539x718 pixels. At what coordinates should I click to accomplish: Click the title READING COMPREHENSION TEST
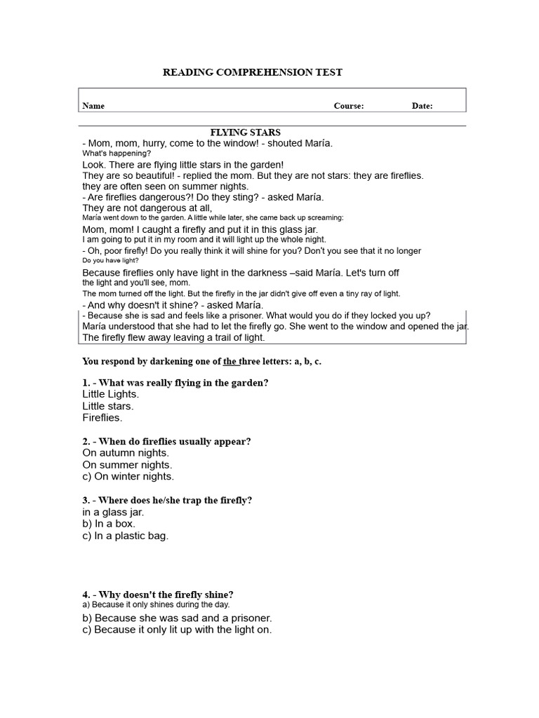pyautogui.click(x=253, y=72)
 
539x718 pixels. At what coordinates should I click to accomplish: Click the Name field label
pyautogui.click(x=93, y=106)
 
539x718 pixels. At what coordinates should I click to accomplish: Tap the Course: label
pyautogui.click(x=348, y=106)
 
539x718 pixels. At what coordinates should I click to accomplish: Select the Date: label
pyautogui.click(x=422, y=106)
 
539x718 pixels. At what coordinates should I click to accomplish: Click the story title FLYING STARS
pyautogui.click(x=246, y=132)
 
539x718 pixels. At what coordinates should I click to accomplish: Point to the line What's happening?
pyautogui.click(x=117, y=153)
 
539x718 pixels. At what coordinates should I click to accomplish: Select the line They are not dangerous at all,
pyautogui.click(x=147, y=208)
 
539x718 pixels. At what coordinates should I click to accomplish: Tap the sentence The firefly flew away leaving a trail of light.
pyautogui.click(x=173, y=337)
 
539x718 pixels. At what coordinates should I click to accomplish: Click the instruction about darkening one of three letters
pyautogui.click(x=201, y=361)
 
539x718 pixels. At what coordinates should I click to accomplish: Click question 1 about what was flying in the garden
pyautogui.click(x=175, y=383)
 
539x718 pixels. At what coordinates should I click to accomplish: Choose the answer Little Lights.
pyautogui.click(x=111, y=394)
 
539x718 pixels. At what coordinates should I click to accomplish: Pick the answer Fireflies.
pyautogui.click(x=102, y=417)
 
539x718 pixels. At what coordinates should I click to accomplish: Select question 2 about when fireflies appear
pyautogui.click(x=166, y=441)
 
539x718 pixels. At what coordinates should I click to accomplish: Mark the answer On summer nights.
pyautogui.click(x=127, y=464)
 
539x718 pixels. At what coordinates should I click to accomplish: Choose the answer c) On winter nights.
pyautogui.click(x=128, y=476)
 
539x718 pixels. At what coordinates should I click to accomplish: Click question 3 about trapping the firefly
pyautogui.click(x=167, y=500)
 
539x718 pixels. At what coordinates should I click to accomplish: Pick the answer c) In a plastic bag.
pyautogui.click(x=126, y=536)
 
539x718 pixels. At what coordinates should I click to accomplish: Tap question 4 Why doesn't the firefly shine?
pyautogui.click(x=158, y=594)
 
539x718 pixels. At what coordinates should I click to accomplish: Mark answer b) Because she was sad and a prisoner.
pyautogui.click(x=177, y=618)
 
